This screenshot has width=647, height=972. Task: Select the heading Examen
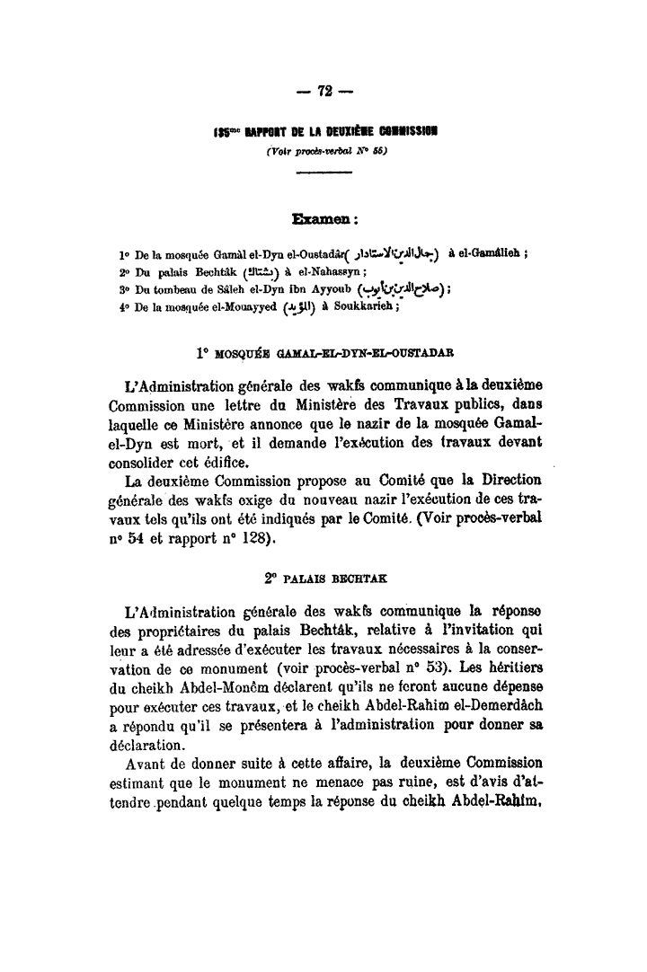324,218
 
